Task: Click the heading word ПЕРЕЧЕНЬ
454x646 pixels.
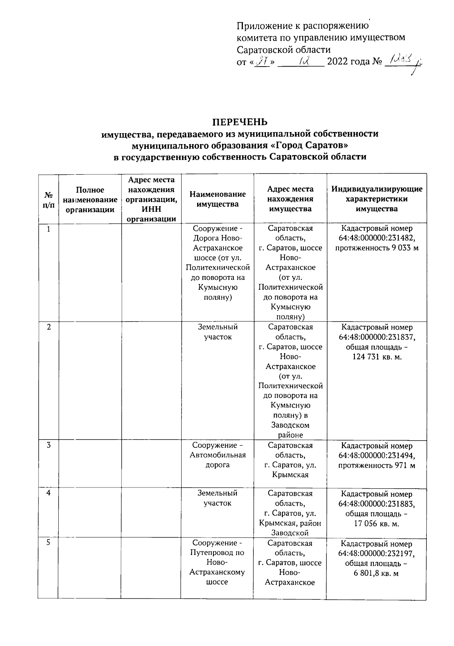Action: pyautogui.click(x=239, y=122)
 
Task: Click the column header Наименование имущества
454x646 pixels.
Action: pyautogui.click(x=217, y=199)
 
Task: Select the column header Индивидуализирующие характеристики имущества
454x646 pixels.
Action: pyautogui.click(x=376, y=199)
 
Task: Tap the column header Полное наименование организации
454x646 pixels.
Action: pyautogui.click(x=90, y=200)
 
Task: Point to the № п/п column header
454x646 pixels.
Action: pyautogui.click(x=48, y=200)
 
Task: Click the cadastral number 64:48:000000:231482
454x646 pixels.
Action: pyautogui.click(x=377, y=238)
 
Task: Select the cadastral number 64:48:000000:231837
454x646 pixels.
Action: pyautogui.click(x=377, y=337)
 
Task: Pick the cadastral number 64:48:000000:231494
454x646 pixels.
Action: pyautogui.click(x=377, y=455)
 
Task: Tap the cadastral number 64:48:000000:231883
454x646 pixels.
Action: pyautogui.click(x=377, y=504)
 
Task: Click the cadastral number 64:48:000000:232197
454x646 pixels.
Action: pyautogui.click(x=377, y=554)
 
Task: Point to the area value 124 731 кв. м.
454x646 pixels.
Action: pyautogui.click(x=377, y=357)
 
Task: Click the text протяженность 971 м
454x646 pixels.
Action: pyautogui.click(x=377, y=465)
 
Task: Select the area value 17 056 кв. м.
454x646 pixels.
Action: pyautogui.click(x=377, y=523)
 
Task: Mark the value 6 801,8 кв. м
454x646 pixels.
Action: pyautogui.click(x=377, y=573)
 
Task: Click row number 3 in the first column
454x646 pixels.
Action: pyautogui.click(x=48, y=445)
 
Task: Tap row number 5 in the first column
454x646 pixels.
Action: pyautogui.click(x=48, y=543)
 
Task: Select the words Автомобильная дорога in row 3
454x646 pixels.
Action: pyautogui.click(x=218, y=460)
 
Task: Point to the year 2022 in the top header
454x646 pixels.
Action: pyautogui.click(x=337, y=61)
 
